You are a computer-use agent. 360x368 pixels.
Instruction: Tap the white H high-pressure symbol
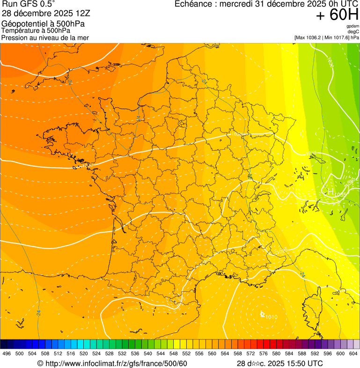tap(330, 191)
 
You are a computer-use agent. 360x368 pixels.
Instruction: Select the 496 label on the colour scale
tap(7, 353)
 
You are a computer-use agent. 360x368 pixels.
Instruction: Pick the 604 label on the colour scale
tap(353, 353)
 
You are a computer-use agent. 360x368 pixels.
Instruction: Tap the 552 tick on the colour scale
tap(186, 353)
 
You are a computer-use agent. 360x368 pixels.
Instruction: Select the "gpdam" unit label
tap(353, 26)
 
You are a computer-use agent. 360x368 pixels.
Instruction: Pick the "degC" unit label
tap(353, 31)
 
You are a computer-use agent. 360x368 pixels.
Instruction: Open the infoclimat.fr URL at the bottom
tap(112, 363)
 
